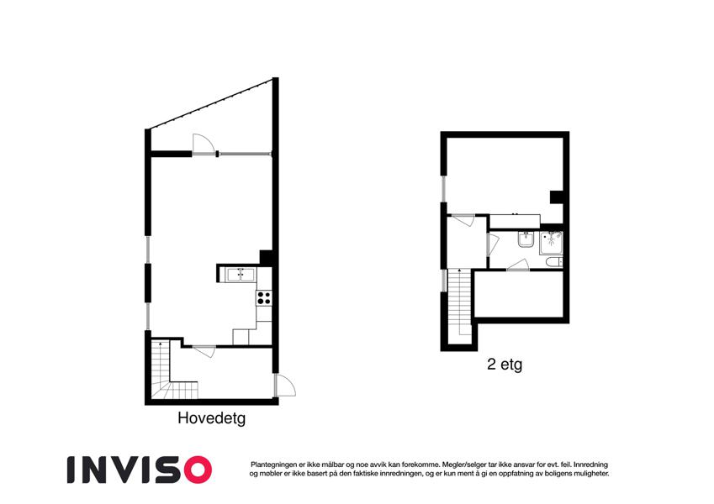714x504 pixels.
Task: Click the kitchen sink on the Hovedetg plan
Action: pos(241,275)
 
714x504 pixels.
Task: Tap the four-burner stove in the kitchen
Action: pos(264,298)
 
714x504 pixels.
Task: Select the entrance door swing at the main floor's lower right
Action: pos(284,386)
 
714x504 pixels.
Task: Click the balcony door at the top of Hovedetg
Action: pos(203,144)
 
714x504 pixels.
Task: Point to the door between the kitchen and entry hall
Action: pos(204,351)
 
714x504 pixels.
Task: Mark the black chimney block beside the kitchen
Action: pos(266,257)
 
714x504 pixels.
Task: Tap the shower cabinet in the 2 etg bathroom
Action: pos(551,243)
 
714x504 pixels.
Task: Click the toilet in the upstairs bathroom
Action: pos(554,262)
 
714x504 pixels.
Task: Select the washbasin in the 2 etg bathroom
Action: pos(526,239)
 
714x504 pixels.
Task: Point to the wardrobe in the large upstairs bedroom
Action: pos(515,221)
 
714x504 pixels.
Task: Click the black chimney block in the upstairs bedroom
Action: pos(557,197)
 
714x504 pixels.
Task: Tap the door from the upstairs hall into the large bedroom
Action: pos(463,219)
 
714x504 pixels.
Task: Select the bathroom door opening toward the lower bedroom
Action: pos(518,265)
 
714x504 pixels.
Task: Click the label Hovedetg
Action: pos(212,418)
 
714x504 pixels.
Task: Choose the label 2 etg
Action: pos(505,365)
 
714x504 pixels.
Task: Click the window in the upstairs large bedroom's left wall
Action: pos(443,188)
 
